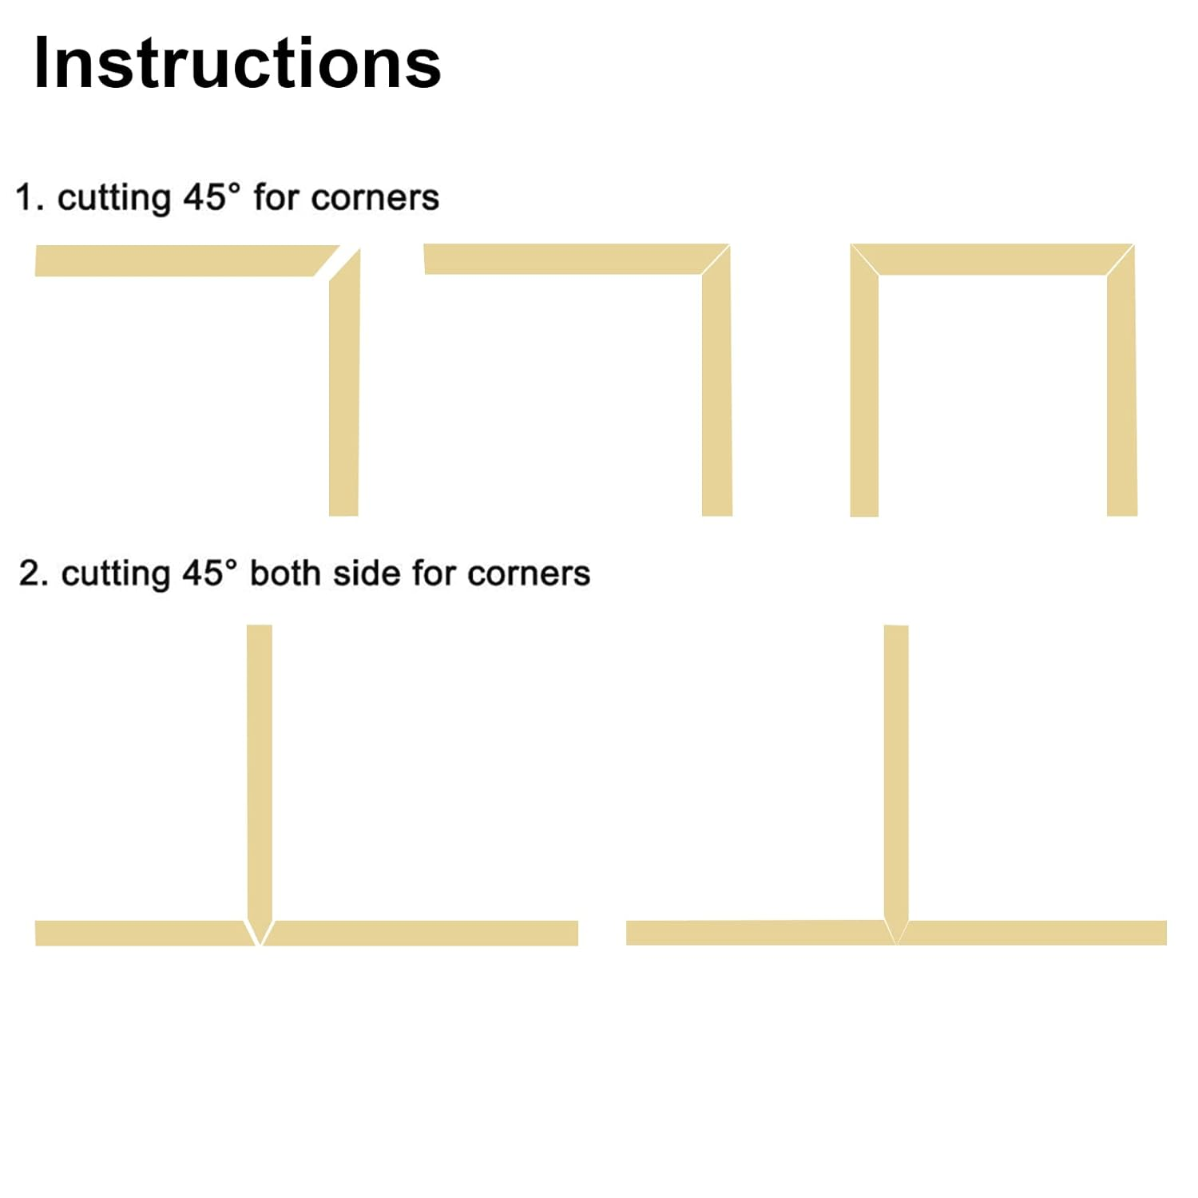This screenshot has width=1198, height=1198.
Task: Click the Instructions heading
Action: pos(237,64)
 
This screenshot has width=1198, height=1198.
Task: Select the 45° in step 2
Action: pos(209,573)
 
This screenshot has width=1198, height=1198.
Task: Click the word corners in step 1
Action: pos(375,198)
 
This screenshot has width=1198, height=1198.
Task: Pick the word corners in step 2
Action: pos(529,573)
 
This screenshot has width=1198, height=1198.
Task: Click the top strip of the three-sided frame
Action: pos(993,260)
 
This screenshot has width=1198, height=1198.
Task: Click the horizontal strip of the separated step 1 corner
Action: pos(176,260)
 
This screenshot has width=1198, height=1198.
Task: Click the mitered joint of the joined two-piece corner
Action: pos(716,260)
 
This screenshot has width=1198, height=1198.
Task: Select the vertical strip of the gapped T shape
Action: pos(260,767)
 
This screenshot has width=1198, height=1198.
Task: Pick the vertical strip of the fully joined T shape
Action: pos(896,767)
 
